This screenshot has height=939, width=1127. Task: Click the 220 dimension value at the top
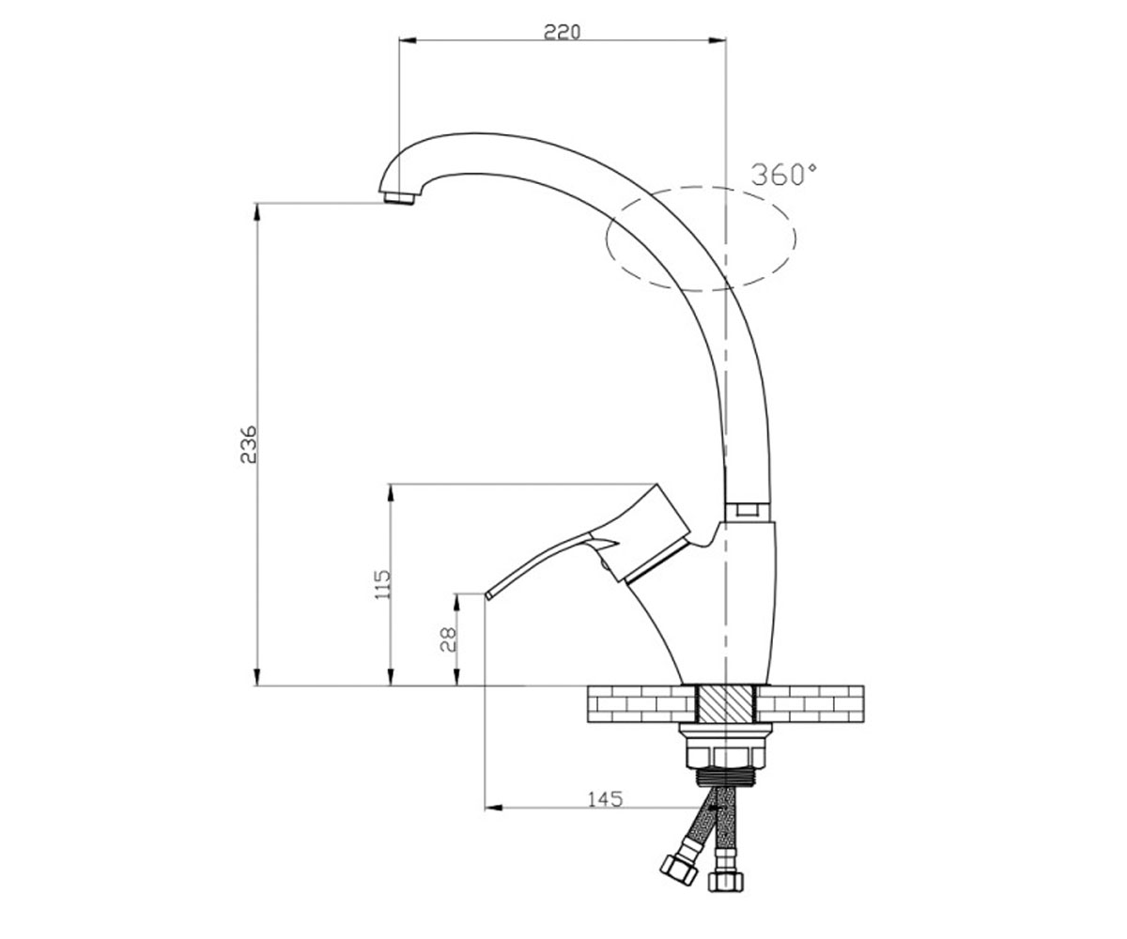pyautogui.click(x=562, y=32)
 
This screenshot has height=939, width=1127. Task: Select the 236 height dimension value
pyautogui.click(x=249, y=444)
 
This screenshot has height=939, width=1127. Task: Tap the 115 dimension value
pyautogui.click(x=382, y=584)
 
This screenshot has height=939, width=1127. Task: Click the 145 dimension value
pyautogui.click(x=605, y=799)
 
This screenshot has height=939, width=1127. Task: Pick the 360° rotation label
pyautogui.click(x=784, y=175)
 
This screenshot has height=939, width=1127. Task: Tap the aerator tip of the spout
pyautogui.click(x=397, y=198)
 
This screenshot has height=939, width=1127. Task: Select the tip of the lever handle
pyautogui.click(x=488, y=595)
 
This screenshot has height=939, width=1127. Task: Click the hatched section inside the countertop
pyautogui.click(x=726, y=703)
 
